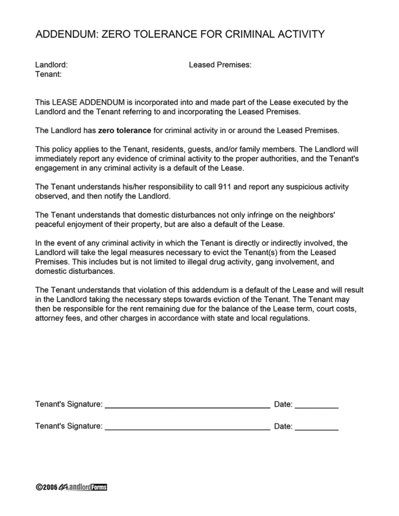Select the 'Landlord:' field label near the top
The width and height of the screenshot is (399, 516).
tap(51, 65)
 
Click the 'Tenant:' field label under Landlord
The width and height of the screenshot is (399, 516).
tap(48, 74)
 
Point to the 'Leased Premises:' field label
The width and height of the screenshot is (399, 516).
tap(220, 65)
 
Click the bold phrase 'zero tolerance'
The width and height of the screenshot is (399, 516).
tap(125, 130)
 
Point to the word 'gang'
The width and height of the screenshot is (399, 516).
tap(262, 261)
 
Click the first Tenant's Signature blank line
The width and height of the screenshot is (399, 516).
tap(188, 407)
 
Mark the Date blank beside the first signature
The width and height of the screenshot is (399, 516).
tap(316, 407)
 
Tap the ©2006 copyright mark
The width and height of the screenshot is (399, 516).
tap(46, 488)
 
